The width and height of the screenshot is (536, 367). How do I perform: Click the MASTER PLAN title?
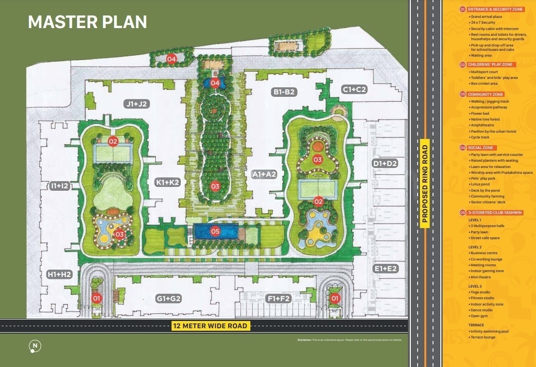[87, 22]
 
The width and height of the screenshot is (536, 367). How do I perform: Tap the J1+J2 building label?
[136, 104]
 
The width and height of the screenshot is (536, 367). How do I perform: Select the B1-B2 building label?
[284, 92]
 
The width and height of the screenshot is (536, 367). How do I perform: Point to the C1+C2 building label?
[354, 90]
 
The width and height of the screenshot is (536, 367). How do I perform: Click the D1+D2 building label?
[385, 164]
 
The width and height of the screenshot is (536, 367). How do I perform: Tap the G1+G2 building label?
[169, 299]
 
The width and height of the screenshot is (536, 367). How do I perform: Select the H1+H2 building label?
[59, 275]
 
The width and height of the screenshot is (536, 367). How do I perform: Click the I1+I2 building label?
[60, 185]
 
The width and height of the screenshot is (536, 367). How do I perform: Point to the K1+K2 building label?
[168, 183]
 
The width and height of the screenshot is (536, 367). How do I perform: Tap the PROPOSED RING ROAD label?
[425, 184]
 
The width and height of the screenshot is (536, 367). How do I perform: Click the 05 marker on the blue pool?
[215, 231]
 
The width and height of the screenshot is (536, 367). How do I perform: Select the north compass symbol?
[35, 346]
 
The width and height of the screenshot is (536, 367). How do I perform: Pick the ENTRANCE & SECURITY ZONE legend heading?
[494, 9]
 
